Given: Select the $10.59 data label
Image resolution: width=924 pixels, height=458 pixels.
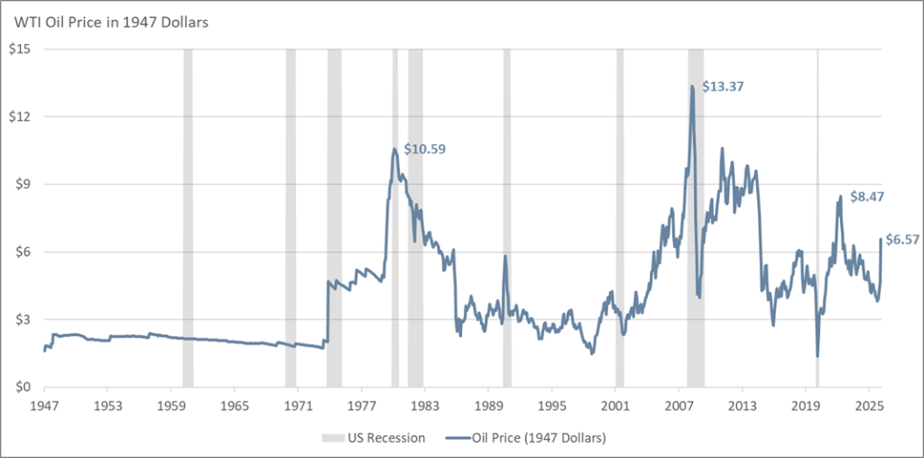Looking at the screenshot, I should click(424, 148).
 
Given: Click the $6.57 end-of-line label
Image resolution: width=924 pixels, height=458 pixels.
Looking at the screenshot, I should click(901, 240).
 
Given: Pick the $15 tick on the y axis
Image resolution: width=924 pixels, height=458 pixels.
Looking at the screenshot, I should click(21, 49).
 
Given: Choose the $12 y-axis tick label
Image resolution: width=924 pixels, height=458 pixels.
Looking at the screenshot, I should click(21, 116).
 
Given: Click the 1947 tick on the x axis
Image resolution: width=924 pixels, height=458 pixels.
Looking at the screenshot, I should click(44, 405).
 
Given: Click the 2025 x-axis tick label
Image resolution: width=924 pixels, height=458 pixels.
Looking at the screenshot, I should click(869, 405).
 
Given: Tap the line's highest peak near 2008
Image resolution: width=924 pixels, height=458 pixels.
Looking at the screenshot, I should click(692, 87).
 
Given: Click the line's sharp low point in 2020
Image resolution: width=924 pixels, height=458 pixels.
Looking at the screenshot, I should click(818, 356).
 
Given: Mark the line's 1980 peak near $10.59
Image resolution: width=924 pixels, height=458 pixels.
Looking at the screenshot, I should click(394, 150).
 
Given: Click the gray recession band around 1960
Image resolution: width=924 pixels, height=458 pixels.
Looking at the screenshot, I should click(188, 216).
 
